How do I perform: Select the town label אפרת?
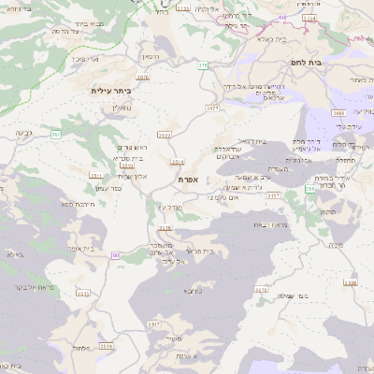pos(188,179)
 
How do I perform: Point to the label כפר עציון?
pos(109,188)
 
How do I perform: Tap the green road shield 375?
pos(203,65)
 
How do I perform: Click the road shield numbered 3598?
pos(350,281)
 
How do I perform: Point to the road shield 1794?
pos(309,17)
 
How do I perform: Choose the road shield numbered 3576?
pos(262,291)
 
